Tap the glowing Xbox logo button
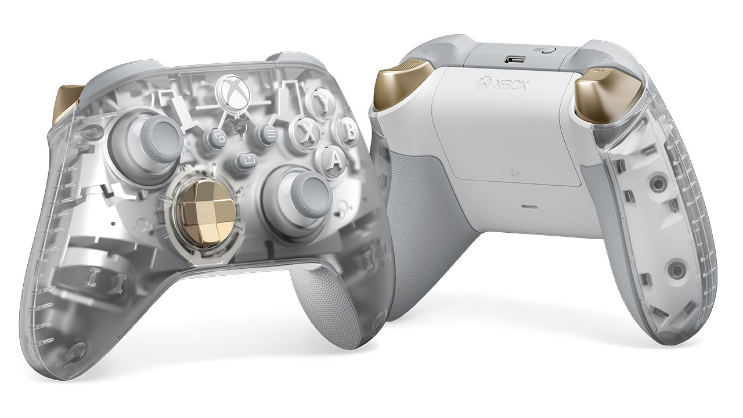[233, 87]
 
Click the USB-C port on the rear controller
[515, 59]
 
